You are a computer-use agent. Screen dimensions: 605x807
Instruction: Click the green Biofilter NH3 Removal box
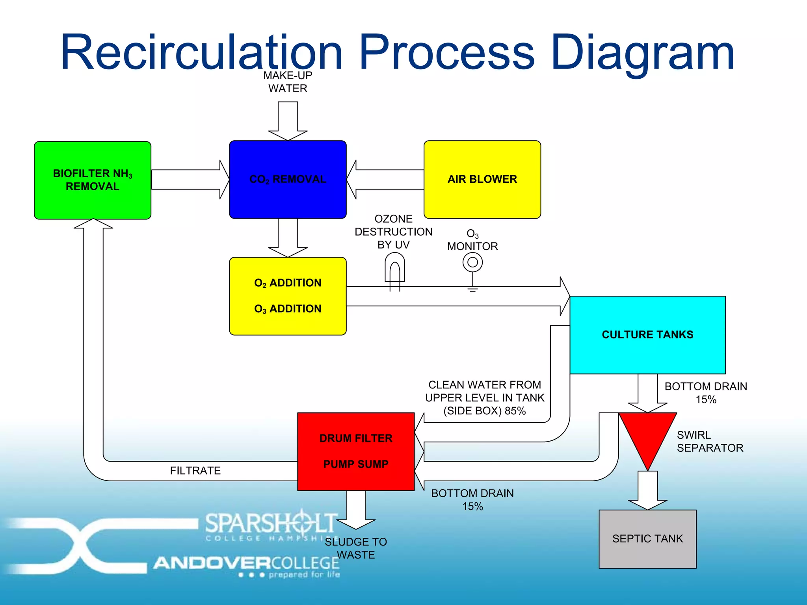click(93, 180)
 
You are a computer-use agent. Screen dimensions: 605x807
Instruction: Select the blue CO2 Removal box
click(288, 180)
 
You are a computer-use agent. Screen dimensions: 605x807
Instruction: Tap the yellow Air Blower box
click(482, 180)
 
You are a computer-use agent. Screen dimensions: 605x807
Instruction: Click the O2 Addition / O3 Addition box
click(288, 296)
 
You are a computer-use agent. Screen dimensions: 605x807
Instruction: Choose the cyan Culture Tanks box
click(647, 335)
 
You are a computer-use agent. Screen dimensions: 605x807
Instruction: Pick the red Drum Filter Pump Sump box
click(356, 451)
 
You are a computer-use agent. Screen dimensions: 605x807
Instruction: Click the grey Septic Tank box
click(647, 539)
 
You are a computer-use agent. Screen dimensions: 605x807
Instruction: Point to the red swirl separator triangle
click(647, 433)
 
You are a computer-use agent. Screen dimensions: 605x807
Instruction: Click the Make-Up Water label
click(288, 82)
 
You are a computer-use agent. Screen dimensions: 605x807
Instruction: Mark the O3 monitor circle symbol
click(472, 262)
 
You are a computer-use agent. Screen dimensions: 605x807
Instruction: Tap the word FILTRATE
click(195, 471)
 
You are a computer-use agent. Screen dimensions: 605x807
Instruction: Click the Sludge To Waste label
click(356, 548)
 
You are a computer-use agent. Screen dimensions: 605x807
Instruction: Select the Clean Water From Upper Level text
click(485, 398)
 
